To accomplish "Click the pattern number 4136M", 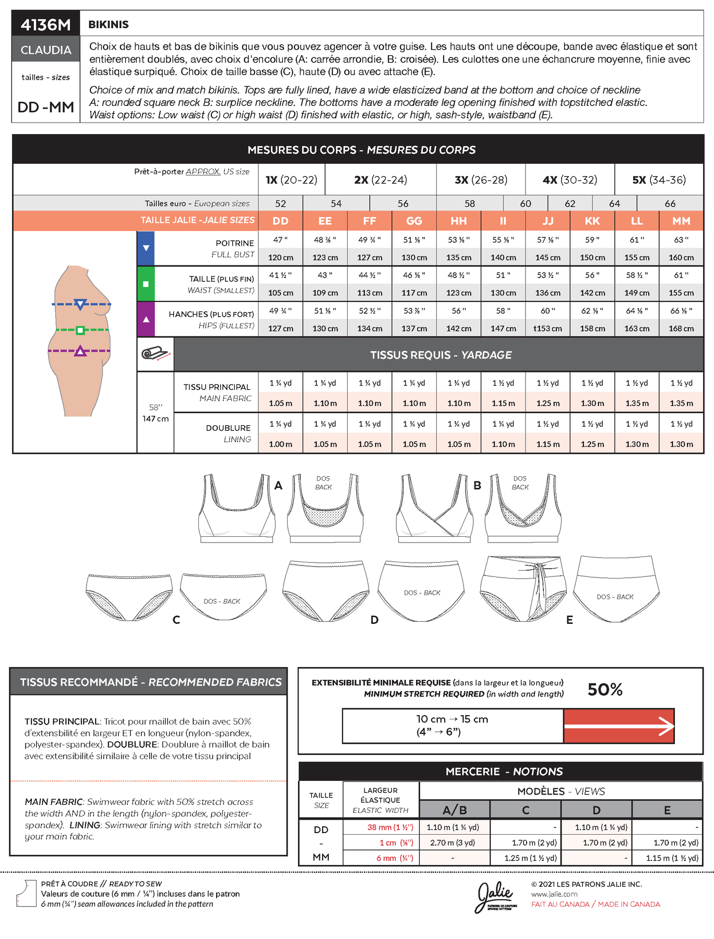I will pos(46,25).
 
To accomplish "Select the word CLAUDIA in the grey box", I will pos(46,50).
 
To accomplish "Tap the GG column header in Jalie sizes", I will pos(414,221).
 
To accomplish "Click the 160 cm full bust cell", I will pos(681,257).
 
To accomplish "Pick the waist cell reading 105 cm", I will pos(280,293).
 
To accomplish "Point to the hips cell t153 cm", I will pos(548,328).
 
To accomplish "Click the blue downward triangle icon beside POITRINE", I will pos(146,248).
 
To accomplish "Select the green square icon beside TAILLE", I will pos(146,284).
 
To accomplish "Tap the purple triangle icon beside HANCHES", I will pos(146,319).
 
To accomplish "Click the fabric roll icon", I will pos(155,354).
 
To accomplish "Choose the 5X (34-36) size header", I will pos(659,180).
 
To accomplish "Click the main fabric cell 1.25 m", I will pos(548,403).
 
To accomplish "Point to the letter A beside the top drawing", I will pos(278,486).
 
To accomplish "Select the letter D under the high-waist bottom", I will pos(374,620).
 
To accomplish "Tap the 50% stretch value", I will pos(605,689).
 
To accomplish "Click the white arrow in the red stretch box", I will pos(619,726).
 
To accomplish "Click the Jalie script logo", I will pos(494,896).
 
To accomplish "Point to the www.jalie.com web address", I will pos(554,894).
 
